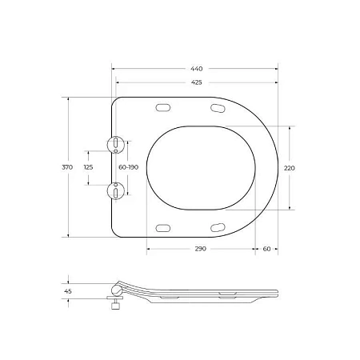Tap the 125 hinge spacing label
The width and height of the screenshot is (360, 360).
pyautogui.click(x=88, y=167)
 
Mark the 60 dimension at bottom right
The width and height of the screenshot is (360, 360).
pyautogui.click(x=266, y=250)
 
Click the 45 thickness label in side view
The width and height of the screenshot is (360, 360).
pyautogui.click(x=67, y=292)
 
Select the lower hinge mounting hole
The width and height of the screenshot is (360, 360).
pyautogui.click(x=117, y=190)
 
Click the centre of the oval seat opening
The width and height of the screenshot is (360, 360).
pyautogui.click(x=201, y=167)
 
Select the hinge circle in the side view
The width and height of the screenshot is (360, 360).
pyautogui.click(x=117, y=289)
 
